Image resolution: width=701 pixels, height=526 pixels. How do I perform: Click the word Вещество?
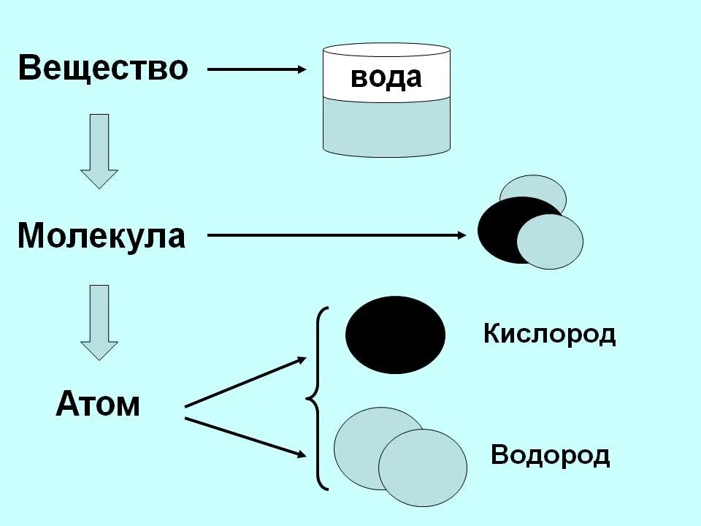[x=103, y=68]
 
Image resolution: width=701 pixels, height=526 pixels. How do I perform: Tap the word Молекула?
[x=101, y=236]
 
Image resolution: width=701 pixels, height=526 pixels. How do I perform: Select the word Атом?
[x=97, y=403]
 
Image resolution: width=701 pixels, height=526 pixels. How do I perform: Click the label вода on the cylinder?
[x=386, y=77]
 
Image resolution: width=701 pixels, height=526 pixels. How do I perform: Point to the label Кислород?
[x=549, y=335]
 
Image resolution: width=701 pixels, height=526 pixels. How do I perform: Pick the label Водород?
[x=550, y=455]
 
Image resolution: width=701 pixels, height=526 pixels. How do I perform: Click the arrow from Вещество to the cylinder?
[x=256, y=69]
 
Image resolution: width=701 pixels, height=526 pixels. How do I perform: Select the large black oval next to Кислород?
[x=395, y=335]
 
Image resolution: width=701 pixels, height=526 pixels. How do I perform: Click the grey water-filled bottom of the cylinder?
[x=386, y=128]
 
